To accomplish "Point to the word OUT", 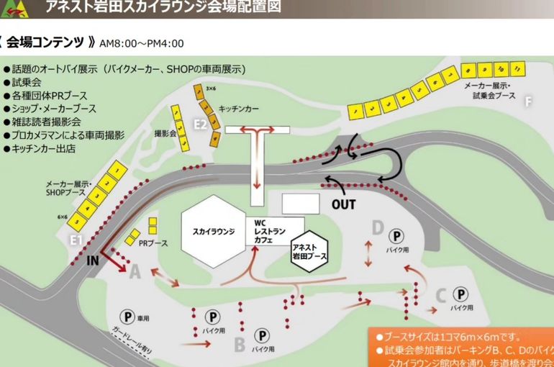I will (x=344, y=204).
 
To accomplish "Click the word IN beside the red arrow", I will (x=92, y=261).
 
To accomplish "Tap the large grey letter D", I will (x=377, y=228).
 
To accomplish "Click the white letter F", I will (x=528, y=101).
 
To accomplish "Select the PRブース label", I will (x=153, y=243).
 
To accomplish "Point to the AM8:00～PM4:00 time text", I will (x=142, y=43).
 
